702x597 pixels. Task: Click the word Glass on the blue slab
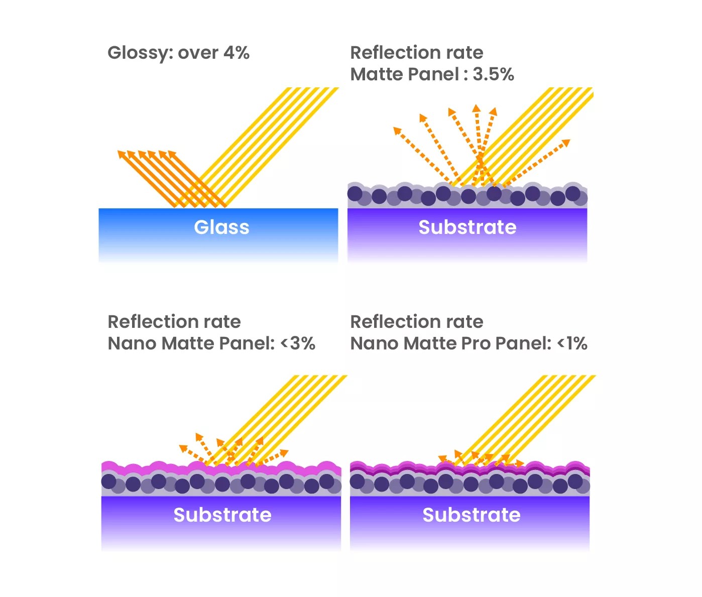coord(221,227)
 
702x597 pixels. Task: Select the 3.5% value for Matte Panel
coord(494,74)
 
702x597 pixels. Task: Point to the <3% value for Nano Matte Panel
coord(298,343)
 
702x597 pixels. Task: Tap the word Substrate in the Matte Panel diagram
coord(467,227)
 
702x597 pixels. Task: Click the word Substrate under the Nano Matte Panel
coord(222,515)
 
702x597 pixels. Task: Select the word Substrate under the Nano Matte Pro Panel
coord(472,515)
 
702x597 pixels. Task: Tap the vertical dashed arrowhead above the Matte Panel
coord(476,108)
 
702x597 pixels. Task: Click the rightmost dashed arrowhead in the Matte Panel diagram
coord(566,143)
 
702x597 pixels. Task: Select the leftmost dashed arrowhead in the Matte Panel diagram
coord(397,131)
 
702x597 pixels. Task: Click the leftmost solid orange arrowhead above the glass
coord(121,154)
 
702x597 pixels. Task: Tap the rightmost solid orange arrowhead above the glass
coord(172,154)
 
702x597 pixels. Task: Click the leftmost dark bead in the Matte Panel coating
coord(355,193)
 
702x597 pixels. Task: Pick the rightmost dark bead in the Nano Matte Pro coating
coord(575,482)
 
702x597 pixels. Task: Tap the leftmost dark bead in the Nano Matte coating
coord(108,482)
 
